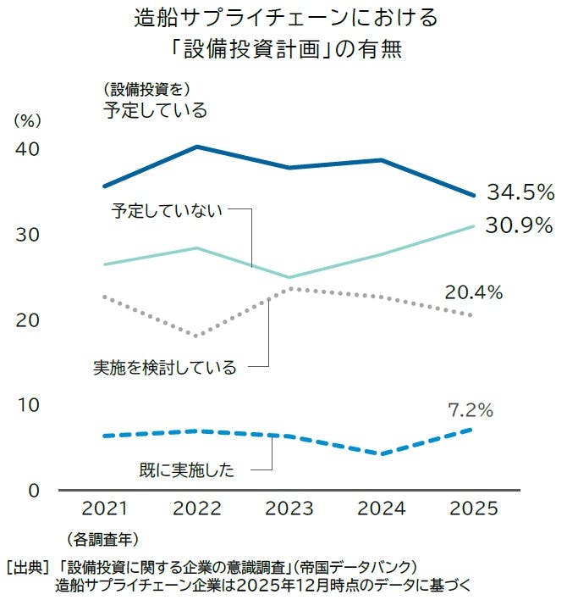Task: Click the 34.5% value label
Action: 520,192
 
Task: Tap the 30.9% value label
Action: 520,225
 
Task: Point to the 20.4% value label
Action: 473,293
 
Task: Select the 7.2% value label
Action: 471,411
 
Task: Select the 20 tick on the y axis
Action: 29,320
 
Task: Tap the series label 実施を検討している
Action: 165,368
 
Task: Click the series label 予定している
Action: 155,109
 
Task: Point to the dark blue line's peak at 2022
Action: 196,147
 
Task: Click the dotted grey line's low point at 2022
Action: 196,336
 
